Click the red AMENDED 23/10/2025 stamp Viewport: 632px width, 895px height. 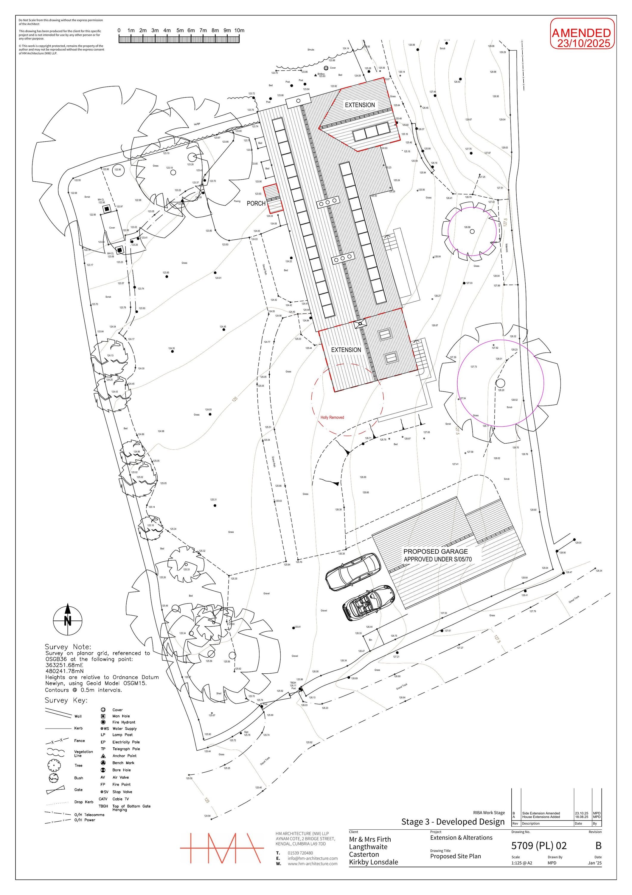tap(581, 38)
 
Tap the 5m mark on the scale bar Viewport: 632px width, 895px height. tap(179, 30)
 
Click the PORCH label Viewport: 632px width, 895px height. tap(256, 203)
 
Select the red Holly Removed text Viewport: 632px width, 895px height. tap(332, 417)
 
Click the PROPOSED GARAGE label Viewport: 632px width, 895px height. tap(435, 551)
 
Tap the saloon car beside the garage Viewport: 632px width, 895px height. tap(353, 572)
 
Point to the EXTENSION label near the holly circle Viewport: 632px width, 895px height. tap(346, 350)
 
